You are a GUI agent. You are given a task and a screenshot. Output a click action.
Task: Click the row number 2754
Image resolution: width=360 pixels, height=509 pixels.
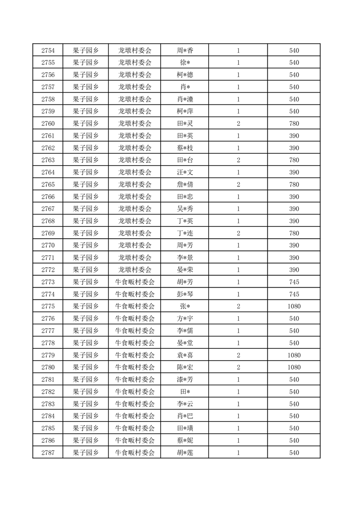coord(48,50)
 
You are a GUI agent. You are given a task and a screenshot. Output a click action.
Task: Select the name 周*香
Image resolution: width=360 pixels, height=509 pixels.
coord(185,50)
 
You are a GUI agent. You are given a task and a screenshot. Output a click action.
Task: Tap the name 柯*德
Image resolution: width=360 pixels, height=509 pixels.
coord(185,75)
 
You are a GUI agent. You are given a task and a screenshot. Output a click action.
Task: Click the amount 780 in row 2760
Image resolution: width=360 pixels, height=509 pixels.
coord(294,123)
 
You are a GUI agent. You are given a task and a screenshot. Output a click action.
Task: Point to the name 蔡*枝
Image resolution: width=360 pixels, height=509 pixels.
coord(185,148)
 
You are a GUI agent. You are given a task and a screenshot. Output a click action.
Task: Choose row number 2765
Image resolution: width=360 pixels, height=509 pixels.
coord(48,185)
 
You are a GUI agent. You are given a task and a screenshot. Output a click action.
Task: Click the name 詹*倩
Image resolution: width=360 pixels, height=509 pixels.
coord(185,185)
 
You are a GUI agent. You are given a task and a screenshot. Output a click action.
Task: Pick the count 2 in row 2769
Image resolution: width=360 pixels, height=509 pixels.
coord(238,233)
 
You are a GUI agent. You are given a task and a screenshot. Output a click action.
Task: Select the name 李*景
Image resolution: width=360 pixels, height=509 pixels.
coord(185,258)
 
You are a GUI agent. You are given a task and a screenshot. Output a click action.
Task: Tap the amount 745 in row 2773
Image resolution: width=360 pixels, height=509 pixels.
coord(294,282)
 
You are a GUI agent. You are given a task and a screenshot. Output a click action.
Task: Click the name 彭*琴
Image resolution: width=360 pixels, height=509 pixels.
coord(185,294)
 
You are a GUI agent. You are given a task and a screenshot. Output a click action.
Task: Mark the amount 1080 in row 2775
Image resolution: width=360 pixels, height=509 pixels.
coord(294,307)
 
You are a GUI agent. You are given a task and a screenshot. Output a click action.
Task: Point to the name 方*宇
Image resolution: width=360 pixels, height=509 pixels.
coord(185,319)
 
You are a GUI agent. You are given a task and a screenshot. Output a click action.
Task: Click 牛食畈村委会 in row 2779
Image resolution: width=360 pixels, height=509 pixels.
coord(135,355)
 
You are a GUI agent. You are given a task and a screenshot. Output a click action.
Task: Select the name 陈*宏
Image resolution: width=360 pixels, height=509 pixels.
coord(185,367)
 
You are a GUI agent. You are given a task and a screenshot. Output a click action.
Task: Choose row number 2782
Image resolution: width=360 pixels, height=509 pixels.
coord(48,392)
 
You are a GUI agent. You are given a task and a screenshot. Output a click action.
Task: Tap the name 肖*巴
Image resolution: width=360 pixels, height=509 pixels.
coord(185,416)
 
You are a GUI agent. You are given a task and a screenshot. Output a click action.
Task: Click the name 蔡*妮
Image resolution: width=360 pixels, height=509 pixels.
coord(185,440)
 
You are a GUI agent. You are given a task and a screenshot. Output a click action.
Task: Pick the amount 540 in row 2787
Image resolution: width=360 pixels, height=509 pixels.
coord(294,453)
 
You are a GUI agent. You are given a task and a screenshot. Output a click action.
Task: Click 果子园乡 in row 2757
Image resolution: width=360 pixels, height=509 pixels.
coord(86,87)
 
